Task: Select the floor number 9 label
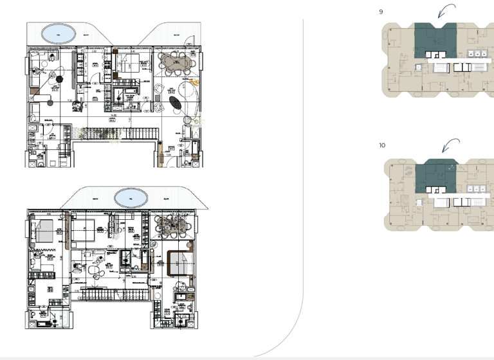tap(381, 12)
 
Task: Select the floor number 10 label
tap(382, 145)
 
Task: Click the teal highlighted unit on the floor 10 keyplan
tap(435, 177)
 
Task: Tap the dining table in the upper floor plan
tap(176, 62)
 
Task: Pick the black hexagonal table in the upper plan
tap(60, 79)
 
